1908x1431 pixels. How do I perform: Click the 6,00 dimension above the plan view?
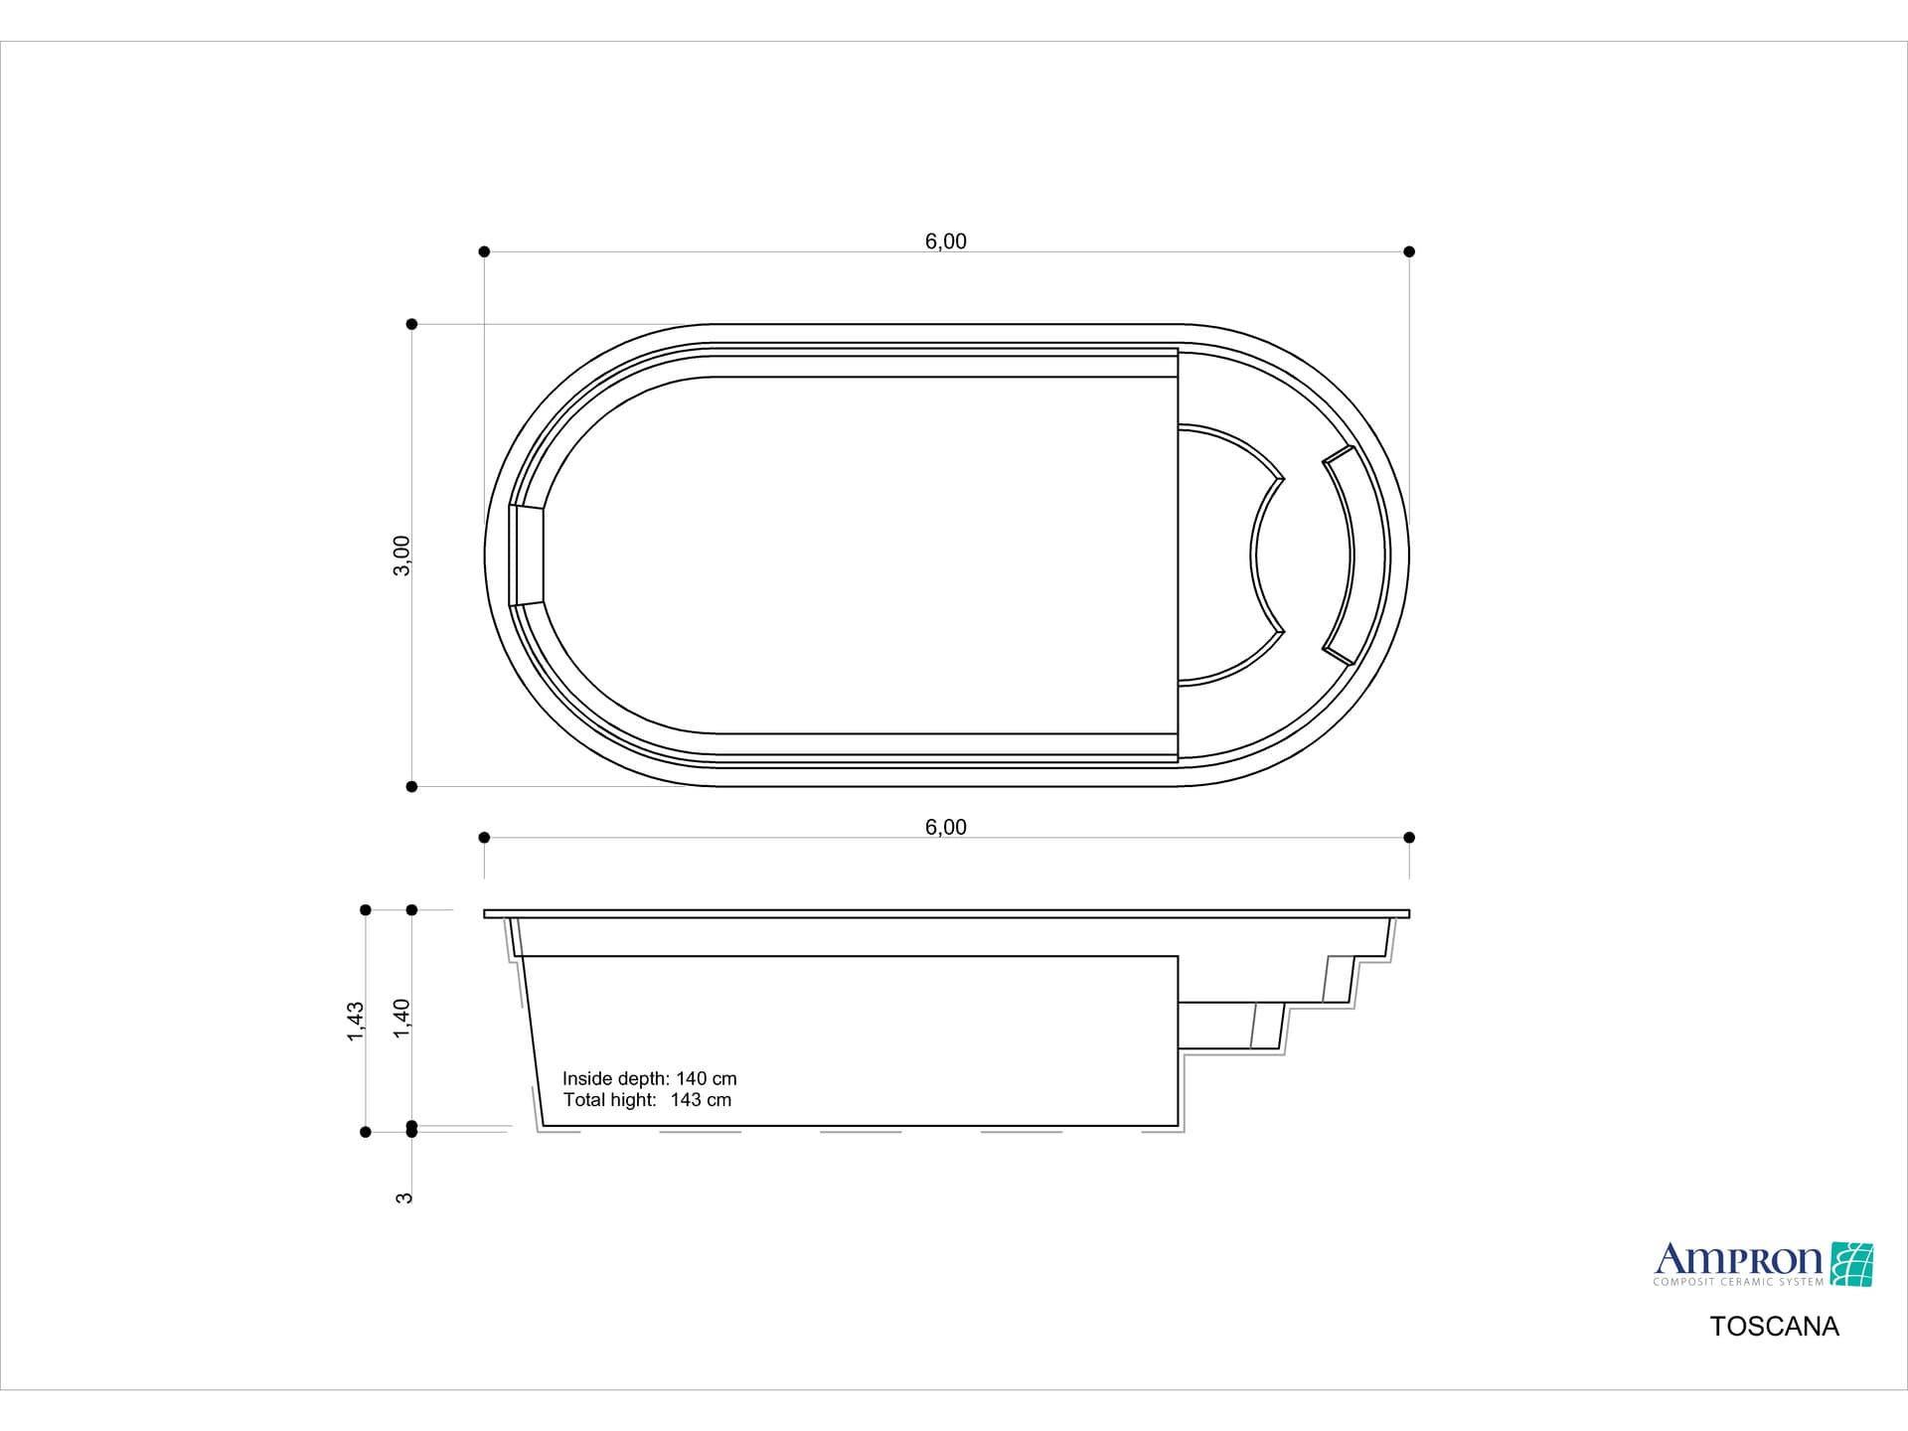[945, 241]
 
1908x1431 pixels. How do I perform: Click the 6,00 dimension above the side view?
[945, 827]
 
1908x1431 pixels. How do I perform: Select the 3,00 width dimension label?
[401, 556]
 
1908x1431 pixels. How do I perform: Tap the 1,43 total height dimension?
[356, 1021]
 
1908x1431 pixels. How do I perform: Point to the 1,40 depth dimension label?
[401, 1019]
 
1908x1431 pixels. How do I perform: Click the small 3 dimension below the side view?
[403, 1197]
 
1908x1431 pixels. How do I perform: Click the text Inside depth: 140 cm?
[649, 1078]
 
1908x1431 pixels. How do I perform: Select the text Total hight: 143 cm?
[647, 1100]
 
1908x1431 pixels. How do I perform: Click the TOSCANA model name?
[1774, 1327]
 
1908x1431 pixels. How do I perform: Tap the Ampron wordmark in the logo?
[1737, 1260]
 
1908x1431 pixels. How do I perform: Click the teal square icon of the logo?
[1851, 1264]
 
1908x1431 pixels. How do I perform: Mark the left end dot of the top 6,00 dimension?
[484, 251]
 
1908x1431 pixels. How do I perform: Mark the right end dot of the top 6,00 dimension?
[1409, 251]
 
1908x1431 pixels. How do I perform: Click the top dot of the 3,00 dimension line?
[411, 324]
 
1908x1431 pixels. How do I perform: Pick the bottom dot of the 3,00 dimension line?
[411, 787]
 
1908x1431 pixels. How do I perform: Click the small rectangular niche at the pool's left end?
[527, 556]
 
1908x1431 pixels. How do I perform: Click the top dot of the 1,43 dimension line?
[366, 910]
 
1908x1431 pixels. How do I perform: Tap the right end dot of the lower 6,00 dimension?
[1409, 838]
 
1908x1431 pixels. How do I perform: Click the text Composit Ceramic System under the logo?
[1737, 1282]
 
